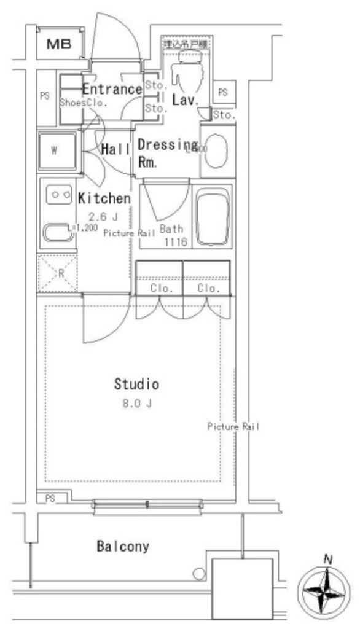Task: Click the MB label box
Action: [x=60, y=43]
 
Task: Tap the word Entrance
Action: [x=112, y=89]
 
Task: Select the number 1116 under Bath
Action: [x=174, y=242]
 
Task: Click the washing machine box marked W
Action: [x=57, y=150]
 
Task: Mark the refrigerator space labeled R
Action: [x=58, y=272]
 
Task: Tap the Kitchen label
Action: [x=104, y=198]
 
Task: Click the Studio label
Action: [x=136, y=385]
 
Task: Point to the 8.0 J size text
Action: [x=137, y=404]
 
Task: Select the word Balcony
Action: [x=123, y=546]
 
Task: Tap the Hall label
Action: [x=115, y=149]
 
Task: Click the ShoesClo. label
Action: [x=84, y=103]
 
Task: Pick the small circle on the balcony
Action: [x=198, y=574]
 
